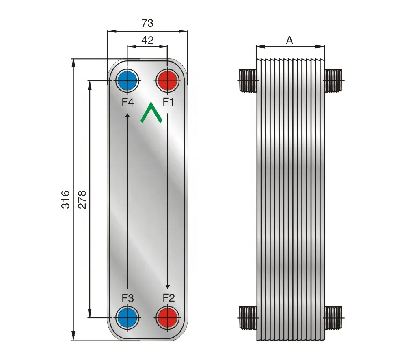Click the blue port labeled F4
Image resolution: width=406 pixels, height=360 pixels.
pyautogui.click(x=127, y=81)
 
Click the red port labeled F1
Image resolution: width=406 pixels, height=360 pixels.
pyautogui.click(x=167, y=81)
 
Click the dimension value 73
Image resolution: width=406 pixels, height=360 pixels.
pyautogui.click(x=147, y=24)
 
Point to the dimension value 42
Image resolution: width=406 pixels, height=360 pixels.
pyautogui.click(x=147, y=40)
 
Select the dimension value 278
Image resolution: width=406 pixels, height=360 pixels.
pyautogui.click(x=82, y=199)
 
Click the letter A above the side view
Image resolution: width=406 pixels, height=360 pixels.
pyautogui.click(x=289, y=40)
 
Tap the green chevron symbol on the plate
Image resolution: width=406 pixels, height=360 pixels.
pyautogui.click(x=151, y=113)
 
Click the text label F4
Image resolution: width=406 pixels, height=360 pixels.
pyautogui.click(x=128, y=102)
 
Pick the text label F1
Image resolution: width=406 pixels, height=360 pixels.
pyautogui.click(x=168, y=102)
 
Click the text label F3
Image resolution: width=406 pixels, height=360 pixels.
pyautogui.click(x=128, y=298)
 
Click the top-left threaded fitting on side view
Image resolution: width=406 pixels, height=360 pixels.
pyautogui.click(x=248, y=80)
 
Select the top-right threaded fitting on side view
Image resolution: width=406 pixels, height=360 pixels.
pyautogui.click(x=334, y=80)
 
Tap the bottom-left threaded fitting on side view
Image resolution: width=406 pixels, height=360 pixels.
pyautogui.click(x=248, y=317)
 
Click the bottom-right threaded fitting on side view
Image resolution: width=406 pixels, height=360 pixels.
pyautogui.click(x=334, y=317)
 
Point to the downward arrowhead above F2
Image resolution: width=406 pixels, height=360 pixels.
pyautogui.click(x=167, y=286)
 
